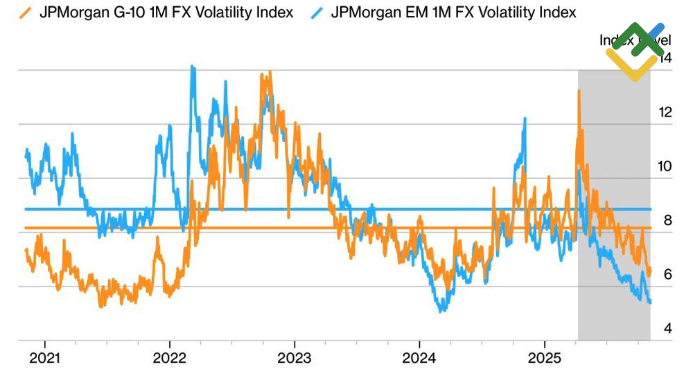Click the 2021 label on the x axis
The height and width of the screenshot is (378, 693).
point(45,361)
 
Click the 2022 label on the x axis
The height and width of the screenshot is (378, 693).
point(170,361)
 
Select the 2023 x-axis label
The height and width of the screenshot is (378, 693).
point(294,361)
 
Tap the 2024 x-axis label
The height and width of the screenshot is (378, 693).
point(419,361)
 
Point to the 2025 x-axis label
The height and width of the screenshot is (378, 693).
point(544,361)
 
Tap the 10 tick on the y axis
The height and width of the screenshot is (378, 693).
point(665,166)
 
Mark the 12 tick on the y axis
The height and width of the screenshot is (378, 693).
point(665,112)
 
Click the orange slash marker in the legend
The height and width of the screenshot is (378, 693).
point(26,12)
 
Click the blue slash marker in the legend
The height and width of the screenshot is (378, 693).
point(316,12)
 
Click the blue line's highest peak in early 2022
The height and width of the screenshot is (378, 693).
point(192,67)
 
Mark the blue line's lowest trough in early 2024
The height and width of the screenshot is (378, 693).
point(441,311)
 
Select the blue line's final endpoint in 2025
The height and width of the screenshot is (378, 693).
point(650,302)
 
